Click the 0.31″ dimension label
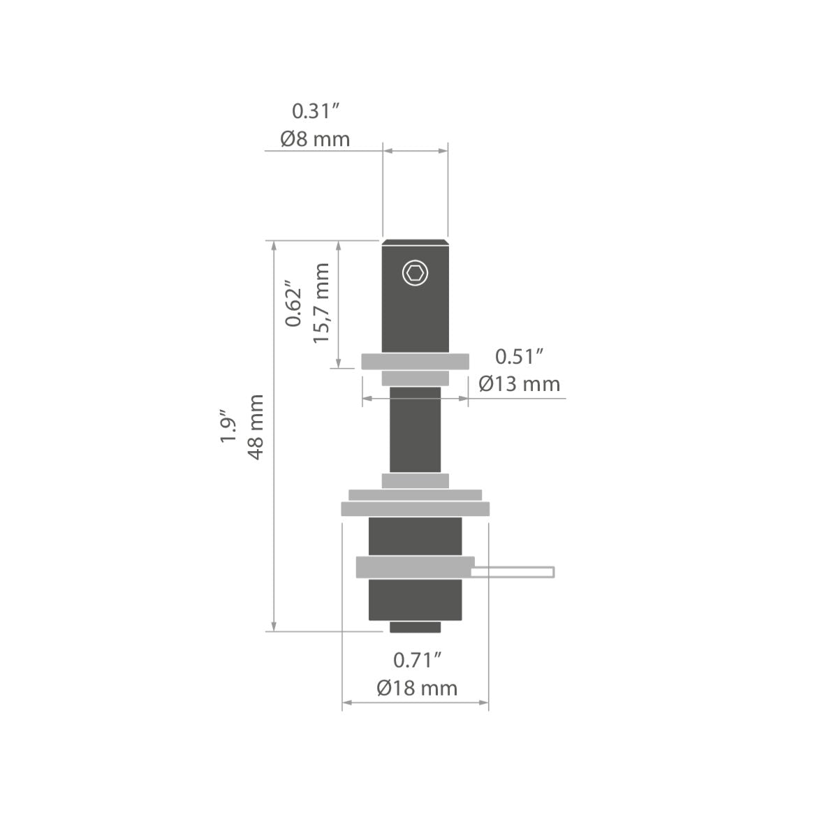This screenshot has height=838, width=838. coord(315,111)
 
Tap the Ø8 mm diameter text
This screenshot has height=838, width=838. coord(315,139)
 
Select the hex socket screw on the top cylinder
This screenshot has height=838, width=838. coord(415,273)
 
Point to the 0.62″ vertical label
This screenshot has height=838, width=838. coord(293,302)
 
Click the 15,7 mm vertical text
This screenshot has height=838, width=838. coord(321,303)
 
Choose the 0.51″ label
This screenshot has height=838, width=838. coord(520,357)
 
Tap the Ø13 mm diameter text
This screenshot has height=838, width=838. coord(520,384)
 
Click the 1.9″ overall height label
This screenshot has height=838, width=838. coord(228,426)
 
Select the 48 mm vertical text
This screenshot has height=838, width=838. coord(256,427)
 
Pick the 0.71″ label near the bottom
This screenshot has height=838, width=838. coord(417,660)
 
